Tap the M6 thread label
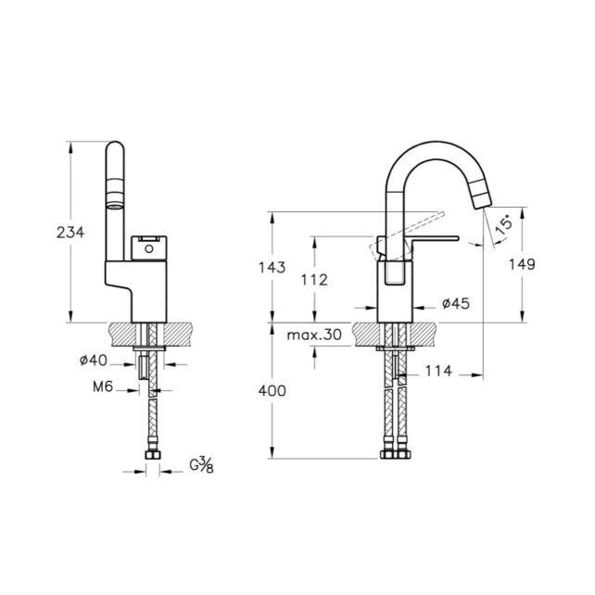point(102,389)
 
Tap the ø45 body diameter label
point(456,304)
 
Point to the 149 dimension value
point(524,264)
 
